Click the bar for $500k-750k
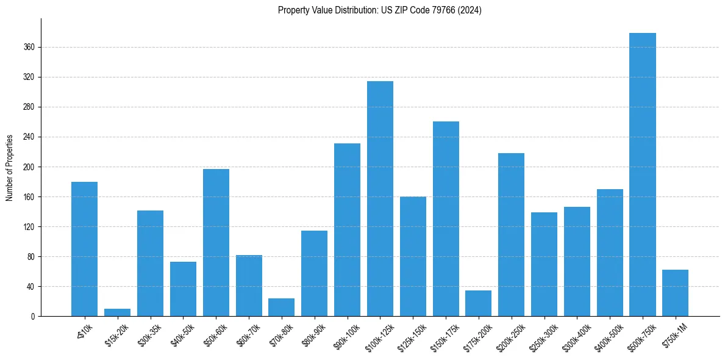pyautogui.click(x=642, y=175)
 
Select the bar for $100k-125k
pyautogui.click(x=380, y=199)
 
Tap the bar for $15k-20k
pyautogui.click(x=117, y=312)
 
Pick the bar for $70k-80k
pyautogui.click(x=281, y=308)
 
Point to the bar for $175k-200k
pyautogui.click(x=478, y=303)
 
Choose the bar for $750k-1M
pyautogui.click(x=675, y=293)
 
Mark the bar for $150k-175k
pyautogui.click(x=446, y=219)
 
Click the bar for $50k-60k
pyautogui.click(x=216, y=243)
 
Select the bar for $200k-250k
pyautogui.click(x=511, y=235)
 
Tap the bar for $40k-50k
pyautogui.click(x=183, y=289)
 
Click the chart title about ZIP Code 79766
pyautogui.click(x=379, y=10)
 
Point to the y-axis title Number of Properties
pyautogui.click(x=10, y=167)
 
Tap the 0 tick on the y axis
pyautogui.click(x=34, y=316)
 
